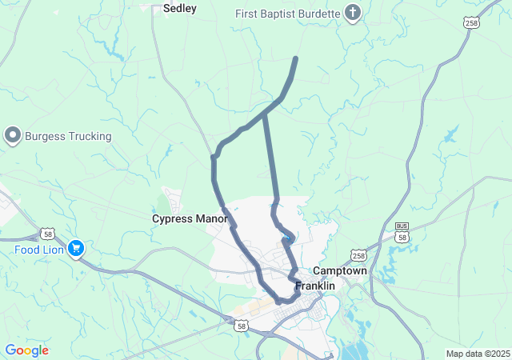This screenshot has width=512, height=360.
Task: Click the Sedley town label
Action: (179, 9)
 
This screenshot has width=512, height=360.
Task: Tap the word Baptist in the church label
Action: (287, 13)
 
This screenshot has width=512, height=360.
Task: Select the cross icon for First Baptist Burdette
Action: (352, 12)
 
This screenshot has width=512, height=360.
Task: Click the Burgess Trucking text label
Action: (68, 136)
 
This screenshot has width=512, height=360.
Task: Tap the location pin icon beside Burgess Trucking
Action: (13, 136)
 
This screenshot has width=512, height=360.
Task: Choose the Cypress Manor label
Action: (190, 218)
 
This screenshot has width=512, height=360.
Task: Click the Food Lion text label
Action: (38, 249)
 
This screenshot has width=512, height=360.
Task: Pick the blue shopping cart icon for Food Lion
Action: (76, 249)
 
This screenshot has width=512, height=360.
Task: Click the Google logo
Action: (26, 350)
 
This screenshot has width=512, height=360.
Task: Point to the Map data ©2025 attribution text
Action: (477, 354)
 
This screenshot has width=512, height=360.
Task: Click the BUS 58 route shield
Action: (402, 233)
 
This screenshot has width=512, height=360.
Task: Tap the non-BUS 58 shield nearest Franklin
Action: (241, 326)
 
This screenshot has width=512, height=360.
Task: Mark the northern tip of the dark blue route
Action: (297, 58)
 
